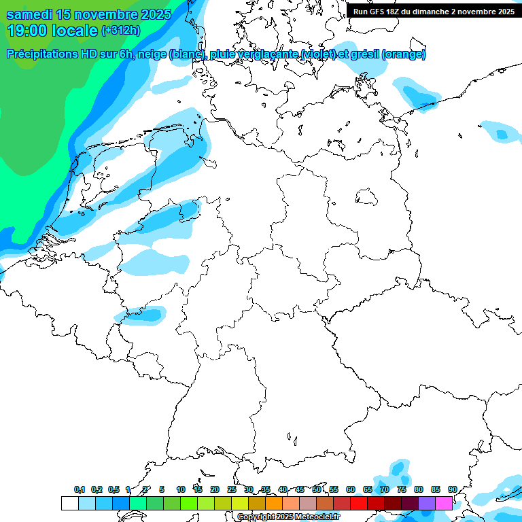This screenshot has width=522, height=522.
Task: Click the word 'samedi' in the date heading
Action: click(x=31, y=14)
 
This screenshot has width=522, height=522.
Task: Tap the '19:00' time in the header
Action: click(x=27, y=31)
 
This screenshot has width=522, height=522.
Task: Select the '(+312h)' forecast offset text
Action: click(x=121, y=31)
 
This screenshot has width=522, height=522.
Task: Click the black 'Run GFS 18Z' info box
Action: click(x=434, y=12)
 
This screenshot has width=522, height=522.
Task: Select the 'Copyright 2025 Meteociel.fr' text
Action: click(x=288, y=517)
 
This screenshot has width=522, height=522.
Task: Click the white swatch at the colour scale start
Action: click(x=69, y=503)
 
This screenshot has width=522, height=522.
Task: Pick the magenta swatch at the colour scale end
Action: click(x=444, y=503)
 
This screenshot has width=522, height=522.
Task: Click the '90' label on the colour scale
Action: click(x=452, y=489)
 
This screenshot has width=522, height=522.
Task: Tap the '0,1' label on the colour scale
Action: click(x=79, y=489)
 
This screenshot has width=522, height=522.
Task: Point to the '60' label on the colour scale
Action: click(x=350, y=489)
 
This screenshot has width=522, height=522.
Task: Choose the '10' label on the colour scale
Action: click(x=180, y=489)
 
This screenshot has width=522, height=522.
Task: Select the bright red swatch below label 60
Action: click(x=359, y=503)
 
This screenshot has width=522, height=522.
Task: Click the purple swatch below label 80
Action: click(x=427, y=503)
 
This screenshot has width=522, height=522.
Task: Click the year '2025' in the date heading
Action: click(x=157, y=14)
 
